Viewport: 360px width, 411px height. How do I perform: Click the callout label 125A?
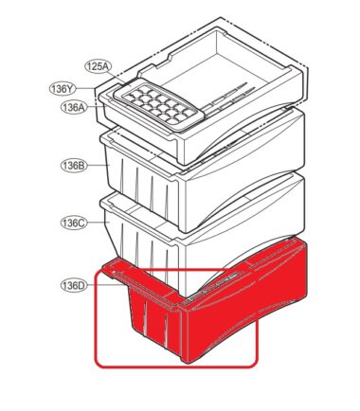tap(99, 66)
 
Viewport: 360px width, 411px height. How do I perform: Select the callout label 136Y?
tap(63, 89)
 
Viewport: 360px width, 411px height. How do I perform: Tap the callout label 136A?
tap(73, 107)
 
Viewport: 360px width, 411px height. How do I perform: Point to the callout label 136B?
tap(73, 166)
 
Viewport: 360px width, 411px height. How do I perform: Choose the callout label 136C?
tap(73, 223)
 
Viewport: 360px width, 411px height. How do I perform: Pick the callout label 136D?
tap(73, 286)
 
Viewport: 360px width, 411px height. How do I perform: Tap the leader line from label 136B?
tap(98, 165)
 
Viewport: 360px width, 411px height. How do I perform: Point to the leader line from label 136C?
tap(98, 223)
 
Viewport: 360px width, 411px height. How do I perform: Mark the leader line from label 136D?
tap(106, 285)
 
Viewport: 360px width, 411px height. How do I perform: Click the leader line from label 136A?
tap(95, 107)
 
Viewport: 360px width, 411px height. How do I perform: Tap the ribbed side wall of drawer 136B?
tap(142, 187)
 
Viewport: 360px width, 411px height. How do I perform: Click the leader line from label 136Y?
tap(86, 88)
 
